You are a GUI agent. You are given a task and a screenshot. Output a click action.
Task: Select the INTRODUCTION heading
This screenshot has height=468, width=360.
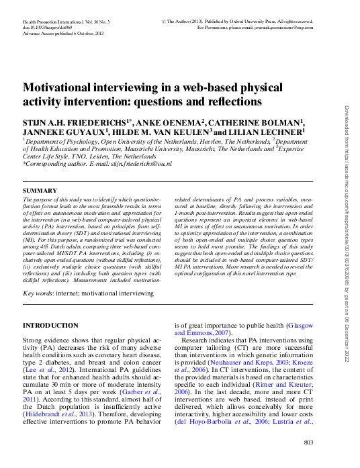click(50, 325)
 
